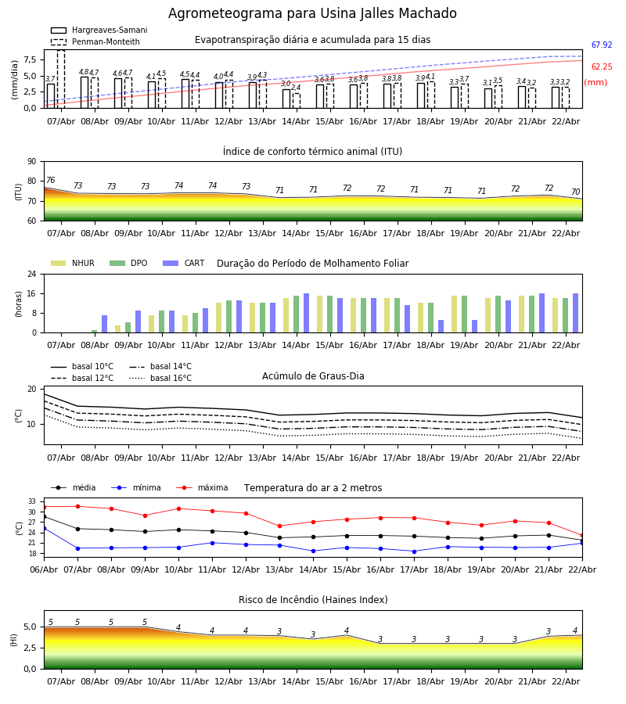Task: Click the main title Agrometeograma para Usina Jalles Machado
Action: tap(312, 14)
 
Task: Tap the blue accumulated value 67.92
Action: tap(601, 46)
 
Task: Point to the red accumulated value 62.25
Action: tap(601, 68)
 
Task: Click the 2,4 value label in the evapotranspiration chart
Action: tap(296, 88)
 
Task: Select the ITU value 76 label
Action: tap(50, 181)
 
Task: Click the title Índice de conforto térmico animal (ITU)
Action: tap(312, 152)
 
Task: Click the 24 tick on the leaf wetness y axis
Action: tap(34, 275)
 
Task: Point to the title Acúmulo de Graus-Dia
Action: tap(313, 376)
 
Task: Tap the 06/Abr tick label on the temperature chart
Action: tap(44, 568)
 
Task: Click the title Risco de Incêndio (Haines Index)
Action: tap(313, 600)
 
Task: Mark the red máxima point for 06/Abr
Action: tap(44, 506)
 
